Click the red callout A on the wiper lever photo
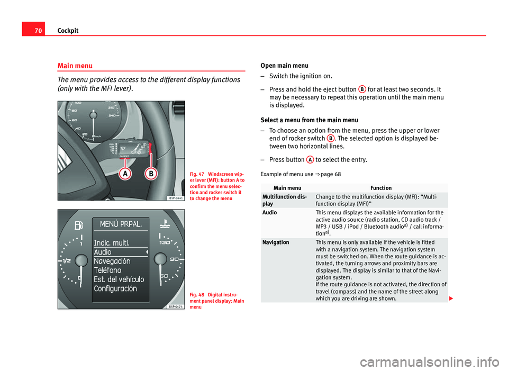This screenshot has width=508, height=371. pos(125,174)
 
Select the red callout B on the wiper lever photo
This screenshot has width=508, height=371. pos(151,174)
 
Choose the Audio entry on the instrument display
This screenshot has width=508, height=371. pos(103,252)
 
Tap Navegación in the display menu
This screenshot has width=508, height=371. pos(112,261)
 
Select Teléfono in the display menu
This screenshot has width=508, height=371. pos(107,270)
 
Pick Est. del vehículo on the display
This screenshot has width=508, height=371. pos(119,279)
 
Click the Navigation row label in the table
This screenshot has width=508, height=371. pos(276,242)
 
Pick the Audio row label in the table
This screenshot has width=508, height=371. pos(269,212)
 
